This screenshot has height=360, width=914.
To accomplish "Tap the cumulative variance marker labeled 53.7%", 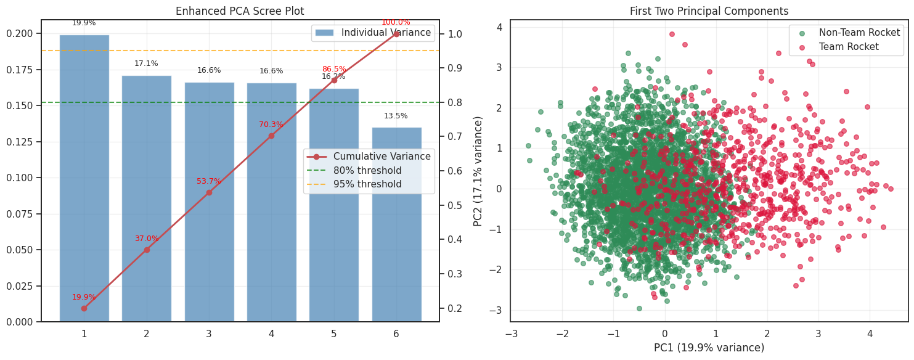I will pos(209,192).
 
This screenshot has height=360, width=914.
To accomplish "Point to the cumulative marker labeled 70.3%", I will pos(271,136).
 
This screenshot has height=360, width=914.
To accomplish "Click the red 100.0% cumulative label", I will pos(396,22).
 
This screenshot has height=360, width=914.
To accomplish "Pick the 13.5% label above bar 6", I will pos(396,116).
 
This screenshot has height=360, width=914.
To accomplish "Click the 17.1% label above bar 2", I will pos(146,63).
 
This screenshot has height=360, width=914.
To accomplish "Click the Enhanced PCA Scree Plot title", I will pos(240,11).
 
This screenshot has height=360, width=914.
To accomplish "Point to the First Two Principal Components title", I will pos(709,11).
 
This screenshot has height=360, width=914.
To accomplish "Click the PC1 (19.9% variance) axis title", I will pos(709,348).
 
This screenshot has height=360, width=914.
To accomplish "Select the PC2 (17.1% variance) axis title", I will pos(478,171).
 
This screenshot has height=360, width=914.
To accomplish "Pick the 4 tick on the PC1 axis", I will pos(870,333).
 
